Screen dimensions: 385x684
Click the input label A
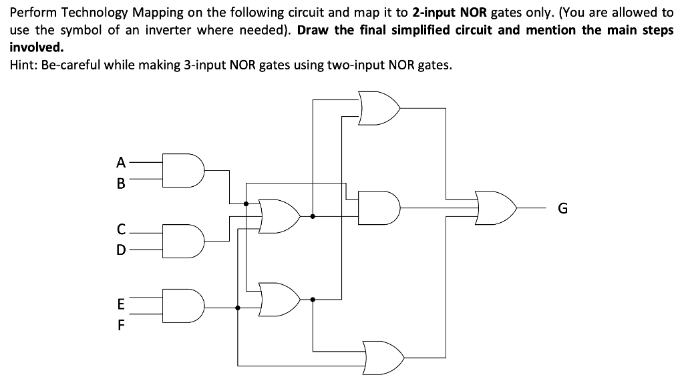(x=120, y=161)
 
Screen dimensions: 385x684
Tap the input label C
(x=120, y=229)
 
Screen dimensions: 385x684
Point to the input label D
(x=120, y=250)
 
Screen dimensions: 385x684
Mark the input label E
(x=120, y=304)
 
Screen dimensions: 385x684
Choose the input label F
(x=120, y=327)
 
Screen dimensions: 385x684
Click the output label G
(x=562, y=208)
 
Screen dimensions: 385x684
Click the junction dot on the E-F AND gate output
(x=238, y=308)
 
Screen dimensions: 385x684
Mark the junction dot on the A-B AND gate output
(x=246, y=204)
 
